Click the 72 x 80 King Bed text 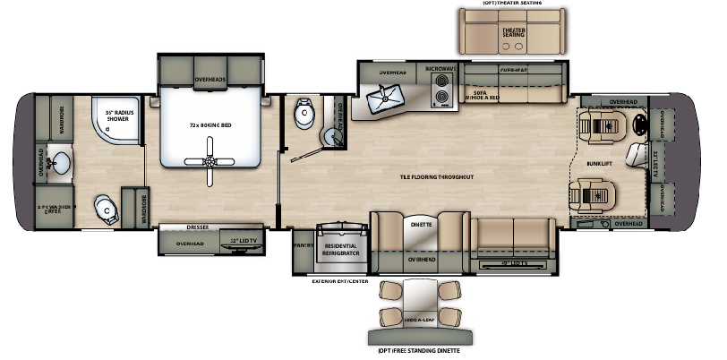[210, 124]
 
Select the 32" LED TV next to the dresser [243, 243]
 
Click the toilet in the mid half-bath [305, 113]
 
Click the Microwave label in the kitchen [440, 70]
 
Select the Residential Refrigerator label [340, 250]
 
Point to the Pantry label [304, 242]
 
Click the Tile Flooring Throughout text [436, 177]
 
